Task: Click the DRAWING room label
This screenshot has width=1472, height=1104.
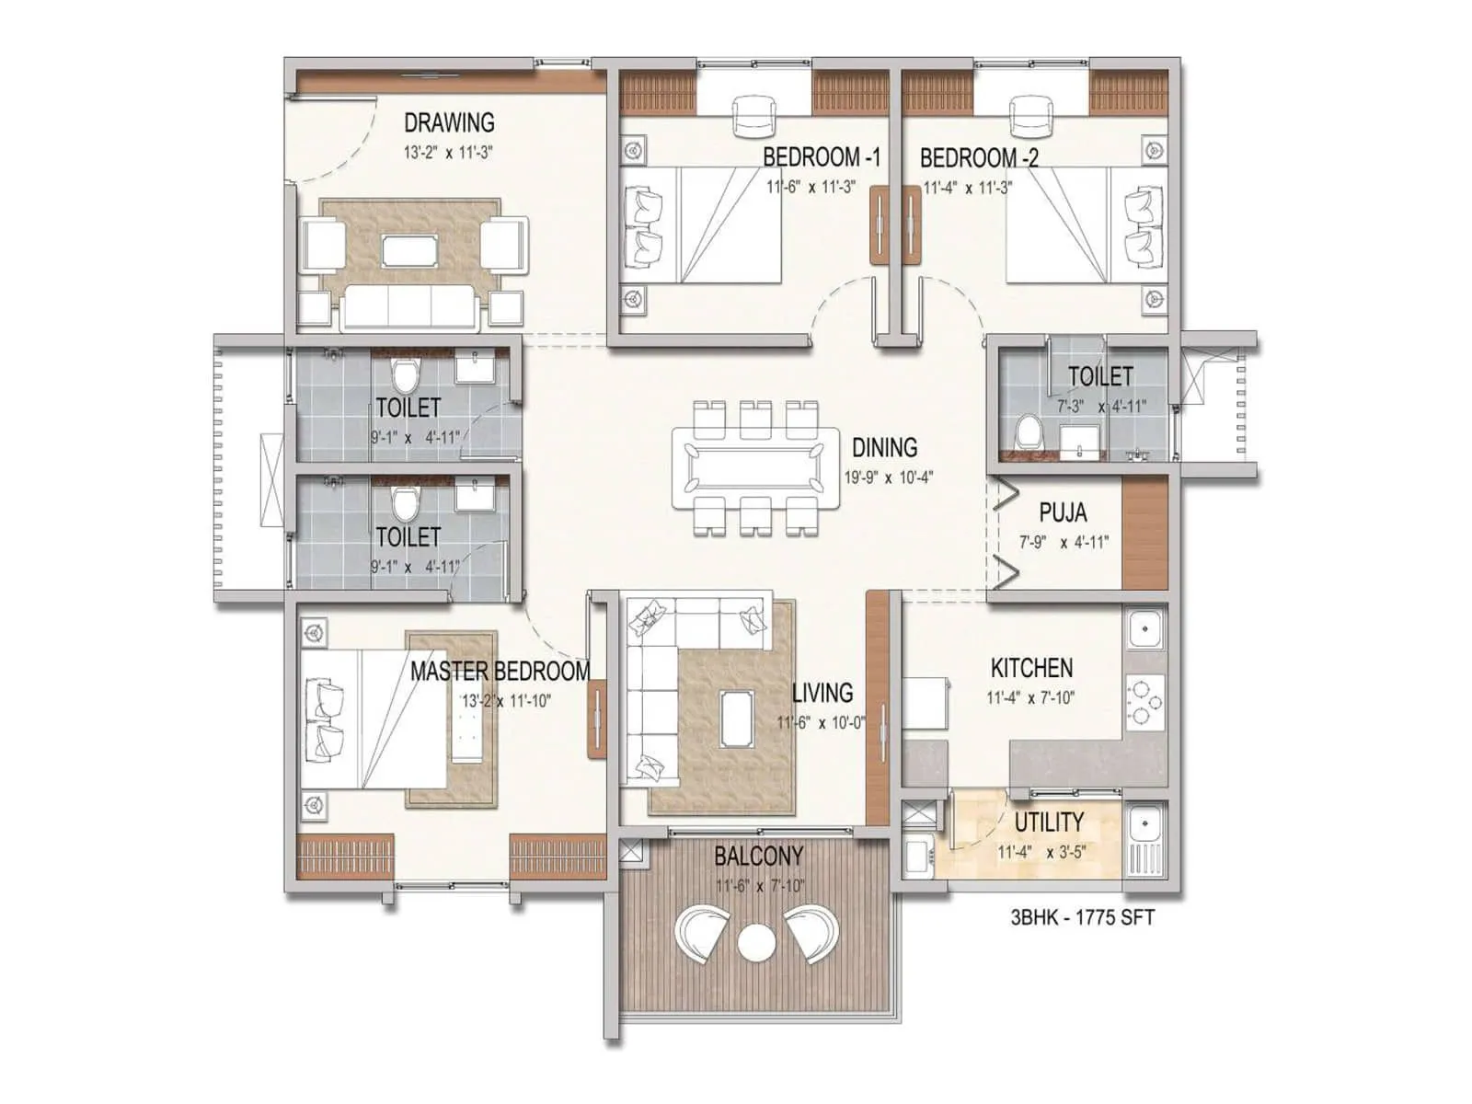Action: (449, 122)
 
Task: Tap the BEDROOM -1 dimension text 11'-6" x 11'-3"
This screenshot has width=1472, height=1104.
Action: (811, 187)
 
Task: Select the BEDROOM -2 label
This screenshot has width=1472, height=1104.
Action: (979, 157)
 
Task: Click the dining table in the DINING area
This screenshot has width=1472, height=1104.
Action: (755, 466)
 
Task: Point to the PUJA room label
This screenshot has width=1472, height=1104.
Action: (1063, 512)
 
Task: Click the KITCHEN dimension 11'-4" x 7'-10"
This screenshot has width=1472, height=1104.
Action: (1030, 698)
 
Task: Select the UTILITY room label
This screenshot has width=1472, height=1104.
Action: (1049, 822)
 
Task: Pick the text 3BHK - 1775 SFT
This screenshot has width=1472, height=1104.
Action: (1082, 917)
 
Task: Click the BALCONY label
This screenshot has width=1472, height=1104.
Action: (759, 857)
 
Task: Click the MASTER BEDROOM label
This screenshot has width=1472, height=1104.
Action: (500, 671)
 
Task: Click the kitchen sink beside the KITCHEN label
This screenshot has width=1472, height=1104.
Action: (1144, 630)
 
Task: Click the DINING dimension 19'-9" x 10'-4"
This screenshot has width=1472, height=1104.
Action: (889, 477)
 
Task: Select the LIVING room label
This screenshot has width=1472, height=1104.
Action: (822, 692)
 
